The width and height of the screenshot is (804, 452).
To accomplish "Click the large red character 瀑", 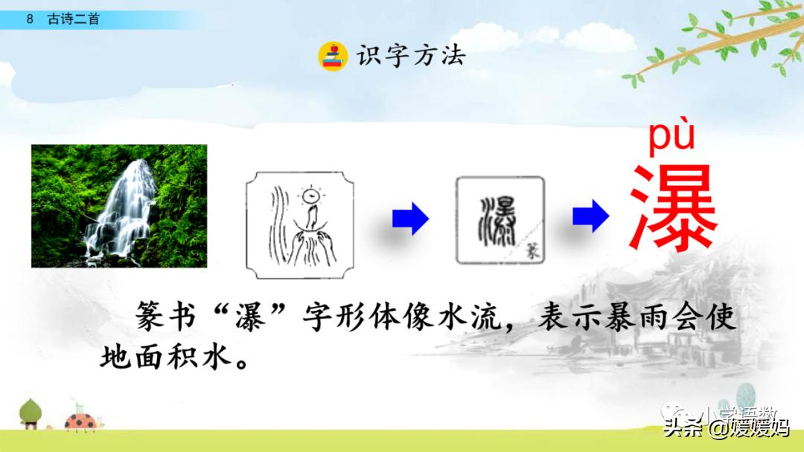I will (x=673, y=209).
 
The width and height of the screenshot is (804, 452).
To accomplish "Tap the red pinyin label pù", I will (x=671, y=138).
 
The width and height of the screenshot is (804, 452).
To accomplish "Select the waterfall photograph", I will (x=119, y=206).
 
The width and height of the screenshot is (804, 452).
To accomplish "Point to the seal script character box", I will (x=500, y=220).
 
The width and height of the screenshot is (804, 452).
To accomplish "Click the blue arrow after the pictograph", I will (x=410, y=219).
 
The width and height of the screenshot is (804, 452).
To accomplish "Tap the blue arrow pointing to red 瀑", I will (x=590, y=217).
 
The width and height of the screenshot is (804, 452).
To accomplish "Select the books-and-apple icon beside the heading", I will (x=333, y=56).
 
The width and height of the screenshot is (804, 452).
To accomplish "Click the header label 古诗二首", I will (x=73, y=20).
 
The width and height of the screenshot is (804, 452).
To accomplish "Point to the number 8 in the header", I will (x=30, y=20).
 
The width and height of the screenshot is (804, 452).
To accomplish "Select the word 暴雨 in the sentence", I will (x=616, y=318).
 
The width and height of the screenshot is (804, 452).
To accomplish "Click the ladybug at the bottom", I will (x=79, y=421).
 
